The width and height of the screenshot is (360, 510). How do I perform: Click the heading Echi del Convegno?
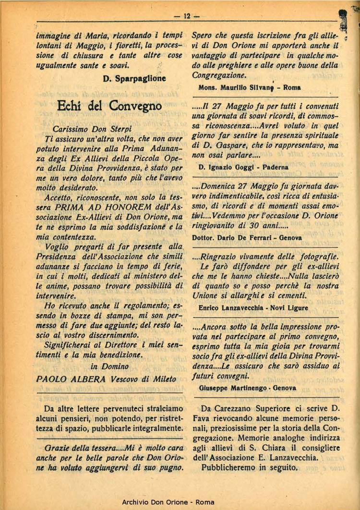click(x=109, y=105)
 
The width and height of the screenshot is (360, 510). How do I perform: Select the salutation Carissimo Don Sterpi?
click(x=92, y=129)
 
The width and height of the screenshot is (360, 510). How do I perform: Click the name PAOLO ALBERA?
click(x=71, y=378)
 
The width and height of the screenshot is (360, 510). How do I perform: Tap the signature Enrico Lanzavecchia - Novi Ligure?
click(x=253, y=308)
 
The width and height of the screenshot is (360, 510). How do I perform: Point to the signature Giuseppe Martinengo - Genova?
click(x=247, y=388)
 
